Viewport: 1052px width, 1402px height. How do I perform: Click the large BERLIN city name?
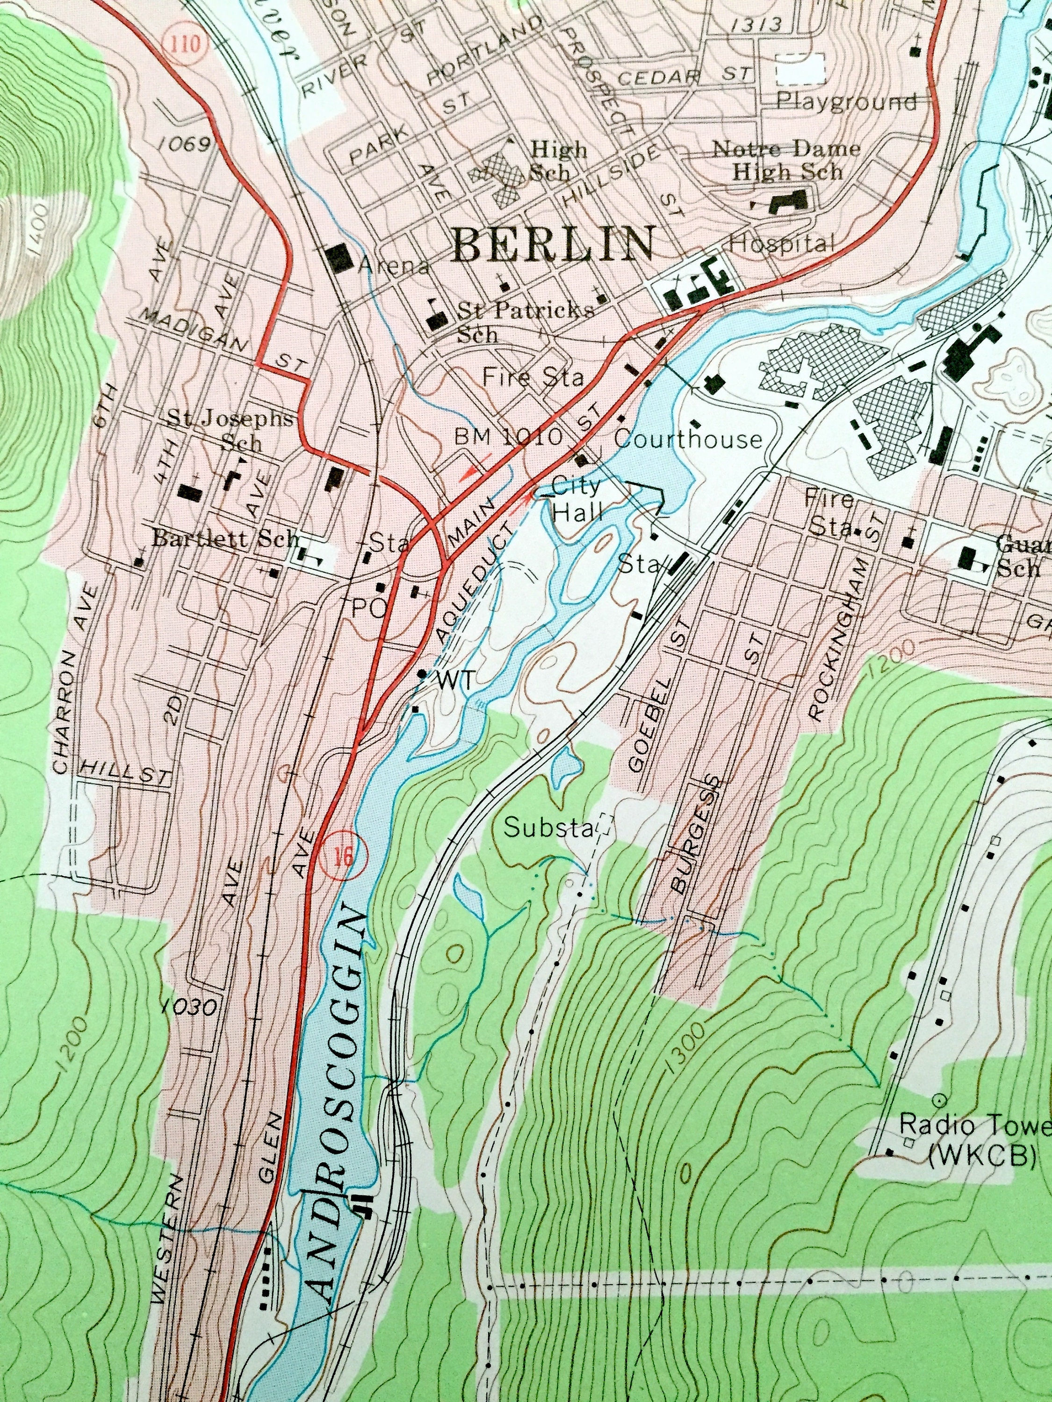pyautogui.click(x=554, y=245)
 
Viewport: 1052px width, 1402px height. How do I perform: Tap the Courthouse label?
pyautogui.click(x=688, y=439)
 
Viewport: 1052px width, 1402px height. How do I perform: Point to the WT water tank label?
pyautogui.click(x=454, y=681)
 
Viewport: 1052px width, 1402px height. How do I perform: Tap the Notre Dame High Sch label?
pyautogui.click(x=786, y=160)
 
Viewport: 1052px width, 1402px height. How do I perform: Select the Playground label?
pyautogui.click(x=847, y=101)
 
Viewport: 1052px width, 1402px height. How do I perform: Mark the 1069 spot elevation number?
pyautogui.click(x=184, y=144)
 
